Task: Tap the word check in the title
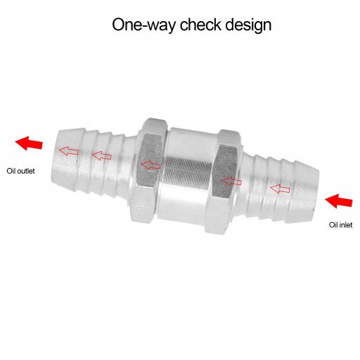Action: click(200, 24)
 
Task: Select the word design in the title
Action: click(248, 25)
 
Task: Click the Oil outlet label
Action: click(20, 171)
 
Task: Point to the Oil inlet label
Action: click(340, 225)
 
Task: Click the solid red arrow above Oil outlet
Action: click(29, 143)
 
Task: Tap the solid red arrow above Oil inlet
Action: click(339, 201)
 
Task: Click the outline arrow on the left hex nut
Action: click(150, 165)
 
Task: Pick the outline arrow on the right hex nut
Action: click(232, 181)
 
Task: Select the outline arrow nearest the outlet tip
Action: click(68, 150)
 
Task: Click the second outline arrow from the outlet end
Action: click(102, 155)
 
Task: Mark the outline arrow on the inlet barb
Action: click(280, 188)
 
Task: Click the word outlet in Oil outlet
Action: click(26, 171)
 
